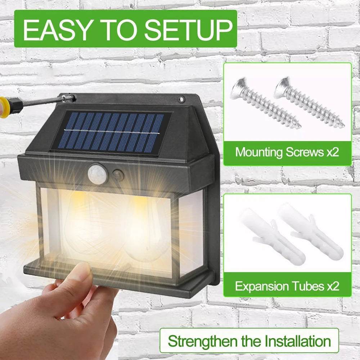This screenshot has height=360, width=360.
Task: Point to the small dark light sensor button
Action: [x=118, y=175]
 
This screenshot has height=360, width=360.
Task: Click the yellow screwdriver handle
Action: [x=4, y=107]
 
